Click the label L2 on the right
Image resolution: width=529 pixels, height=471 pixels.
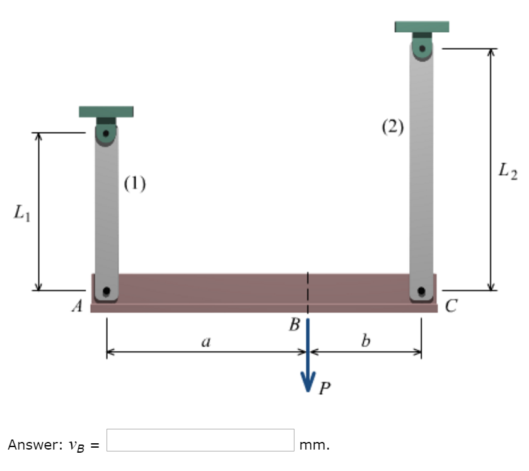click(507, 170)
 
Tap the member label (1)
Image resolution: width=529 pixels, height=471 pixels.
click(135, 183)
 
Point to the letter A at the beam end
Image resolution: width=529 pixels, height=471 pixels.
click(78, 307)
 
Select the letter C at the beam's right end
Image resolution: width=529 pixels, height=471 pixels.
click(450, 307)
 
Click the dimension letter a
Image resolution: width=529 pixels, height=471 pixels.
click(206, 342)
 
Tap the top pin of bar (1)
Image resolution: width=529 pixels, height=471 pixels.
click(106, 134)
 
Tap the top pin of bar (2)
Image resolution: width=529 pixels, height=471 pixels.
click(422, 47)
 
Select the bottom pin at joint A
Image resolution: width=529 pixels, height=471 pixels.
click(107, 291)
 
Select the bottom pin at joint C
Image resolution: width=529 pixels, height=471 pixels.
click(422, 291)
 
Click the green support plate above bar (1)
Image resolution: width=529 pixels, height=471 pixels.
click(106, 112)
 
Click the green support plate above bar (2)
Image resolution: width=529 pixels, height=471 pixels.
click(422, 26)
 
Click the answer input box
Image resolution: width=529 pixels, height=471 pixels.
click(200, 440)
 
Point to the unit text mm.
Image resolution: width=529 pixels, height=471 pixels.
click(314, 445)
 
